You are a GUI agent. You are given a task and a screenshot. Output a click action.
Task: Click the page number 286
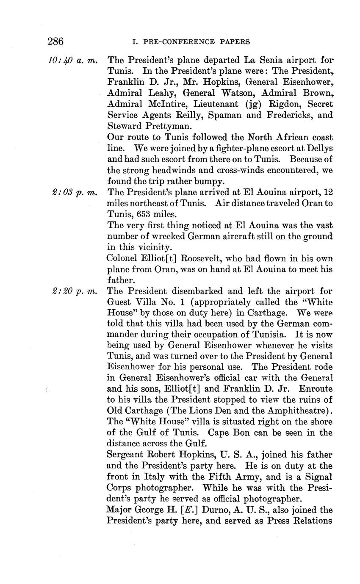coord(55,42)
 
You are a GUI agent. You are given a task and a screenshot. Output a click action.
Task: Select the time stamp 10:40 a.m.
coord(73,61)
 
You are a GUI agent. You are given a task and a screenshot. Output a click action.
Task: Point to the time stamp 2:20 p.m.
coord(73,291)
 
